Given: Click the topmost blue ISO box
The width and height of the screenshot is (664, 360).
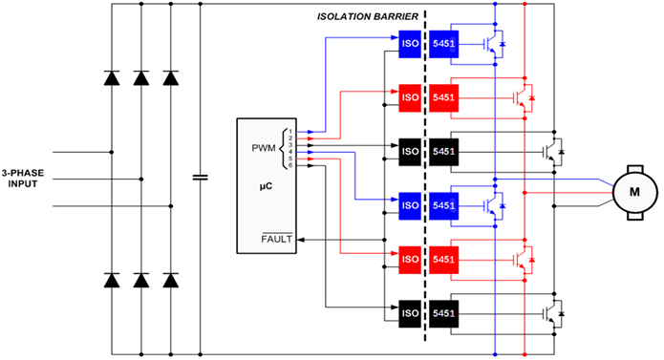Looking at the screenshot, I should [x=409, y=43].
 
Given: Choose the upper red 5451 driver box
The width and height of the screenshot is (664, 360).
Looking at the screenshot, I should [x=444, y=96].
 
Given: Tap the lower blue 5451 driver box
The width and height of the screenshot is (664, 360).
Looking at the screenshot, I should [x=444, y=204].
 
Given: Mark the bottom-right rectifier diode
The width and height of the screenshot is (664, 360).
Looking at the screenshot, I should [x=171, y=281].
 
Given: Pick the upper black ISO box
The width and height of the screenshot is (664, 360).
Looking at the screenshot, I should [x=409, y=150].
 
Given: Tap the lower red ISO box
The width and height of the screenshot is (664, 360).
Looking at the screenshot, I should [x=409, y=258].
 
